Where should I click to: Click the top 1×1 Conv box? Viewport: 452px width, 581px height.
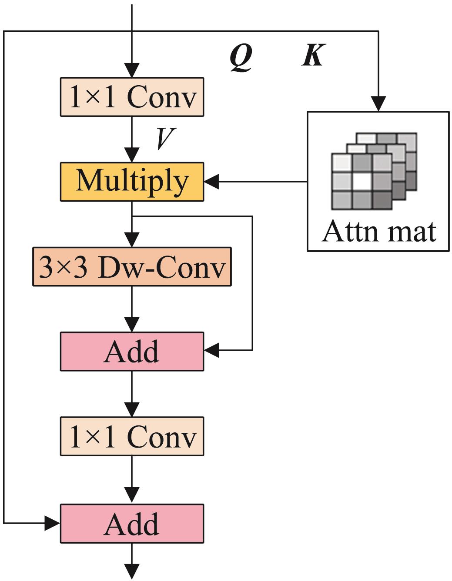[132, 96]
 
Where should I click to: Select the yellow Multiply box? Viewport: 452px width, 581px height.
[132, 182]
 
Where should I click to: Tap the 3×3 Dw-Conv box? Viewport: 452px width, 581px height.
[132, 266]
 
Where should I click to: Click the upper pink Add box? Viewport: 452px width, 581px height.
[132, 351]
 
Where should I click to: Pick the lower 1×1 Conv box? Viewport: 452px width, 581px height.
[132, 436]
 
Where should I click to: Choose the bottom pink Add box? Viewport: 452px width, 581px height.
[132, 523]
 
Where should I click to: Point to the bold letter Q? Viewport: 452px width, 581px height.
[241, 57]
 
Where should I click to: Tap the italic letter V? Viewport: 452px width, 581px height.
[165, 138]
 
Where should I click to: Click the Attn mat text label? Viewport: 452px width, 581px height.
[379, 231]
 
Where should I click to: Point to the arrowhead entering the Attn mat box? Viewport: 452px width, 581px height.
[378, 104]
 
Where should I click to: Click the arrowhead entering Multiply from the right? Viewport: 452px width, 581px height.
[211, 182]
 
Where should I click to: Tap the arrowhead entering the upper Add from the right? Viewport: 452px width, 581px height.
[211, 350]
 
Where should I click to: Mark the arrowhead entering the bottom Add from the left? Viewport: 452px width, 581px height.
[53, 523]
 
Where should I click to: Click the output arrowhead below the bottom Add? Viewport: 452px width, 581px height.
[132, 571]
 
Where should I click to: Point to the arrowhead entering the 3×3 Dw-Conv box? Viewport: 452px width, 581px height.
[132, 240]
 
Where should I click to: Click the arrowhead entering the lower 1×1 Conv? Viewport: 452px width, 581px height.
[132, 410]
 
